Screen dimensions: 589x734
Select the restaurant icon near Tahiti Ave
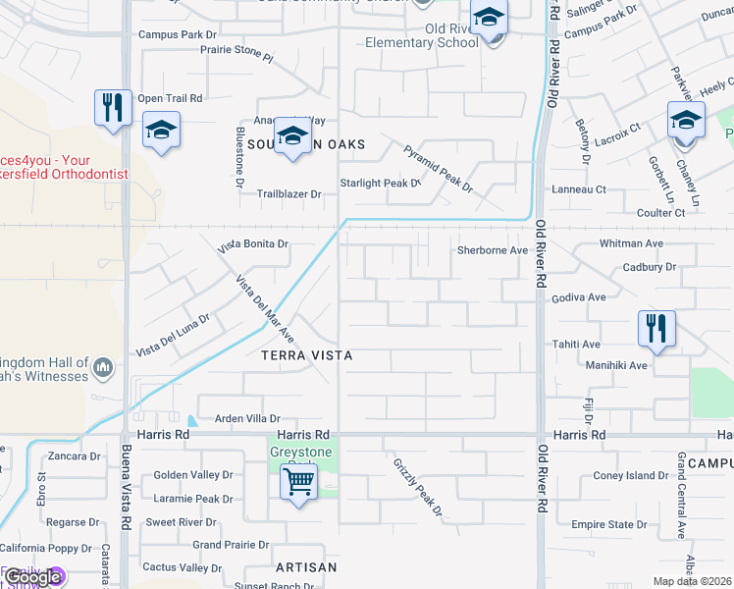tap(656, 329)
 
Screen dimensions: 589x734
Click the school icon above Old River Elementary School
tap(488, 19)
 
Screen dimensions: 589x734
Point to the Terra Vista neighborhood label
tap(306, 355)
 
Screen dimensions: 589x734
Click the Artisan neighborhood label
tap(306, 567)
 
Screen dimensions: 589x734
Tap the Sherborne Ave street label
tap(493, 250)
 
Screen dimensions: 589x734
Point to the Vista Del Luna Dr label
tap(173, 336)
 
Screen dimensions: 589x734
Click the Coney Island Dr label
tap(630, 476)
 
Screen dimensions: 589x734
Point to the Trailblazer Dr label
tap(288, 194)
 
